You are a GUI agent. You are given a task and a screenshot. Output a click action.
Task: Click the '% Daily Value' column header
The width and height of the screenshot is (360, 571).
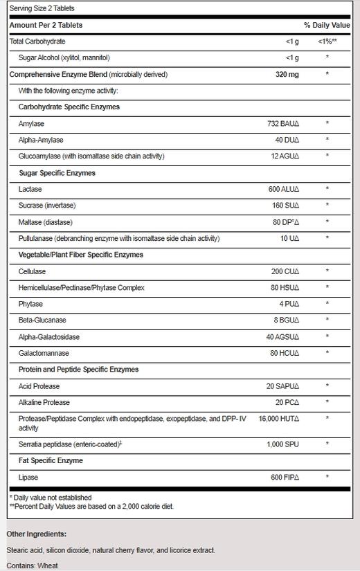[x=327, y=25]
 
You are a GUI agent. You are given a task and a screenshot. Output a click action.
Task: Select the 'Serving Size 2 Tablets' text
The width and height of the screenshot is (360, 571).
[x=42, y=8]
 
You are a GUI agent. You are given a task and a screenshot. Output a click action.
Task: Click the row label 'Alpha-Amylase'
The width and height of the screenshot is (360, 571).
[x=42, y=140]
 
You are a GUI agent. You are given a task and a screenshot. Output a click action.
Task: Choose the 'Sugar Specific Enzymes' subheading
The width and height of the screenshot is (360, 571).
[x=57, y=172]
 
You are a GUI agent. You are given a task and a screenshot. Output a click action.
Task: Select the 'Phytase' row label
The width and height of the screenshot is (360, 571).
[x=31, y=305]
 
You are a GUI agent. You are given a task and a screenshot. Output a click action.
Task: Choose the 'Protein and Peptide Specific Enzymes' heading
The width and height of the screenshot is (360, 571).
[x=78, y=370]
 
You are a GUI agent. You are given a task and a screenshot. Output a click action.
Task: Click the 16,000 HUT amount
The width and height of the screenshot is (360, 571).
[x=279, y=419]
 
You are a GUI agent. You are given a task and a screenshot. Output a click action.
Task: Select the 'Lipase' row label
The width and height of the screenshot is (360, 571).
[x=30, y=477]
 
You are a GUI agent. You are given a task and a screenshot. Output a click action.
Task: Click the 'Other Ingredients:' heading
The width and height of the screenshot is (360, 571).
[x=37, y=534]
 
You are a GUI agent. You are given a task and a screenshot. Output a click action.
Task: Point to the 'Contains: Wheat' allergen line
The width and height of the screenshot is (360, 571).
[x=33, y=565]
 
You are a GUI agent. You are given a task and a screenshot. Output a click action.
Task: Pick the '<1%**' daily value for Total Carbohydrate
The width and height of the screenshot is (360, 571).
[x=327, y=42]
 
